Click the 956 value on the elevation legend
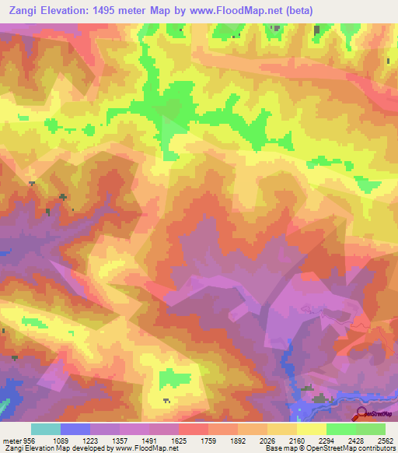[x=28, y=440]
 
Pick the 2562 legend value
[x=386, y=440]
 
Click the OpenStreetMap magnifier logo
[x=361, y=415]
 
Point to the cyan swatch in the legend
[x=45, y=429]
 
